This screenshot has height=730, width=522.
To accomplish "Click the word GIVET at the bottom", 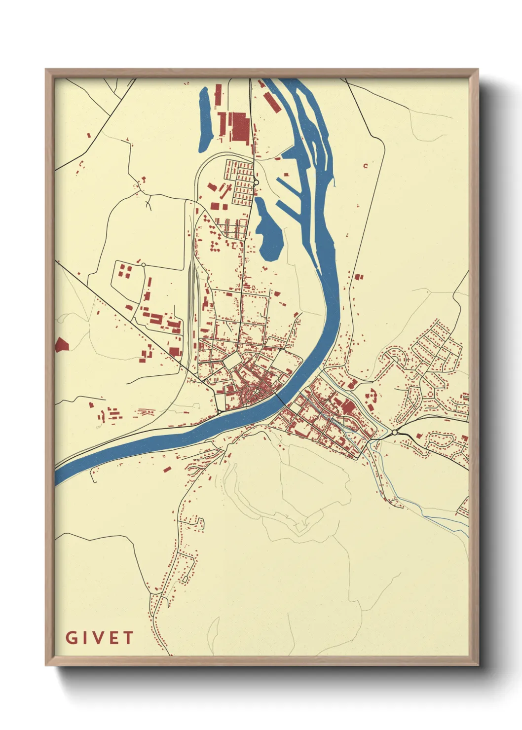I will click(x=99, y=638).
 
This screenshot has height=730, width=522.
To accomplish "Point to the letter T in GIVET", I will click(x=128, y=638).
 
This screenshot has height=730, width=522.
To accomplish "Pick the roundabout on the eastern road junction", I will click(x=395, y=433).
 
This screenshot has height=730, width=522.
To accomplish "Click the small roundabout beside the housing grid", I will click(x=256, y=183).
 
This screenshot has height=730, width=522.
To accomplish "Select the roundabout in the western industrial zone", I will click(x=143, y=265).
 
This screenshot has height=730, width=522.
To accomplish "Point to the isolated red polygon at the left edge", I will click(x=61, y=345).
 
